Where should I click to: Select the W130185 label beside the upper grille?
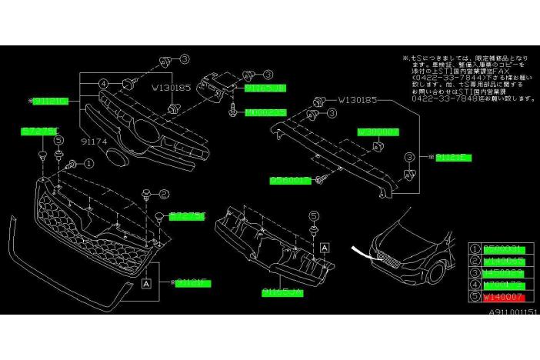click(x=170, y=88)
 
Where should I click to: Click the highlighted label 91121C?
click(x=52, y=101)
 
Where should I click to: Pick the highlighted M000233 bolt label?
click(x=265, y=112)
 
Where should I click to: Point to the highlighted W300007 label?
click(x=378, y=132)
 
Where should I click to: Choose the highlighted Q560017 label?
click(x=289, y=180)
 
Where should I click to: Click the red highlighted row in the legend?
click(x=504, y=296)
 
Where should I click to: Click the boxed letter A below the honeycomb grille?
click(x=146, y=283)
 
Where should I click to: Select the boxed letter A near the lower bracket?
click(x=325, y=247)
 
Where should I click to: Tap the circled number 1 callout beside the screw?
click(x=88, y=163)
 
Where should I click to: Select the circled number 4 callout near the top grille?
click(x=102, y=85)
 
